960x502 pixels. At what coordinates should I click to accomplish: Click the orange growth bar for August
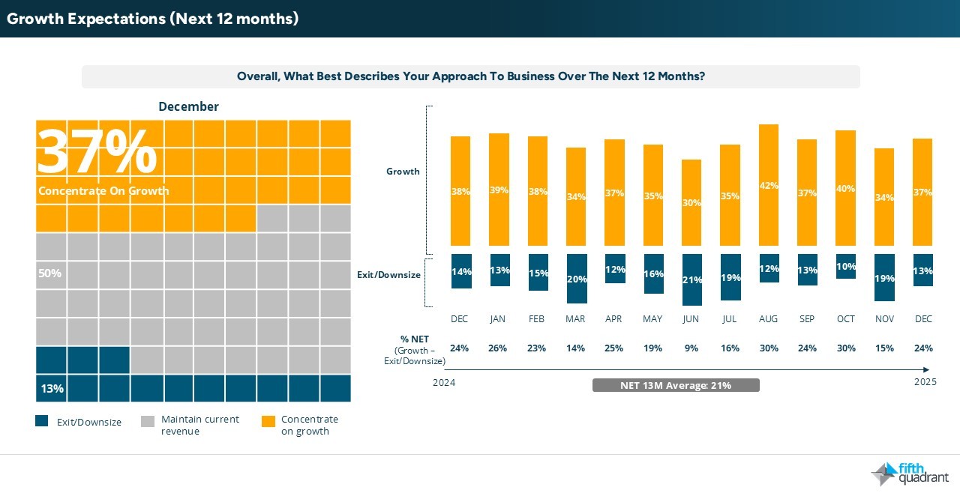click(x=768, y=184)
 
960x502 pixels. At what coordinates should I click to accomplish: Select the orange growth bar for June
click(x=691, y=202)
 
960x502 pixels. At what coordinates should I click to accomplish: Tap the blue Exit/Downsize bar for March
click(x=575, y=278)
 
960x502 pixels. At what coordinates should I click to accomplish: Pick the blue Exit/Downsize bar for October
click(x=845, y=266)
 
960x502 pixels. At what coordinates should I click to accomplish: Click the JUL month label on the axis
click(x=729, y=319)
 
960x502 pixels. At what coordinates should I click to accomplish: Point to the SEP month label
click(x=806, y=319)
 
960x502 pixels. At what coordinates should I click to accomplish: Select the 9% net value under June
click(x=691, y=348)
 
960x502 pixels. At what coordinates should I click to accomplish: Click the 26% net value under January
click(x=498, y=348)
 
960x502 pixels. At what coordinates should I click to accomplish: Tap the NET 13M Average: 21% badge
click(x=676, y=385)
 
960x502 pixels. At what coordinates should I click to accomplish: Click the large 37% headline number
click(x=97, y=152)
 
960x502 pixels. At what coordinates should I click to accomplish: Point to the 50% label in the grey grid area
click(x=49, y=273)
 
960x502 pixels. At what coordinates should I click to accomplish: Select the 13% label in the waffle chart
click(x=52, y=389)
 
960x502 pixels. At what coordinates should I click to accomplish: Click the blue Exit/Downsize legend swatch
click(x=42, y=422)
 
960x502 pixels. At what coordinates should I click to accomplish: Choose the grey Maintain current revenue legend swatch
click(x=148, y=422)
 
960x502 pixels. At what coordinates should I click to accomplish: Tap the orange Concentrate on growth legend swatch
click(x=268, y=422)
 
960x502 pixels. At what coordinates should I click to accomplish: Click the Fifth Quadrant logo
click(x=909, y=474)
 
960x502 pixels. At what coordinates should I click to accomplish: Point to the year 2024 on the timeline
click(x=444, y=383)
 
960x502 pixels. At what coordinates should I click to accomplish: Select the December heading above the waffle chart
click(x=188, y=106)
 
